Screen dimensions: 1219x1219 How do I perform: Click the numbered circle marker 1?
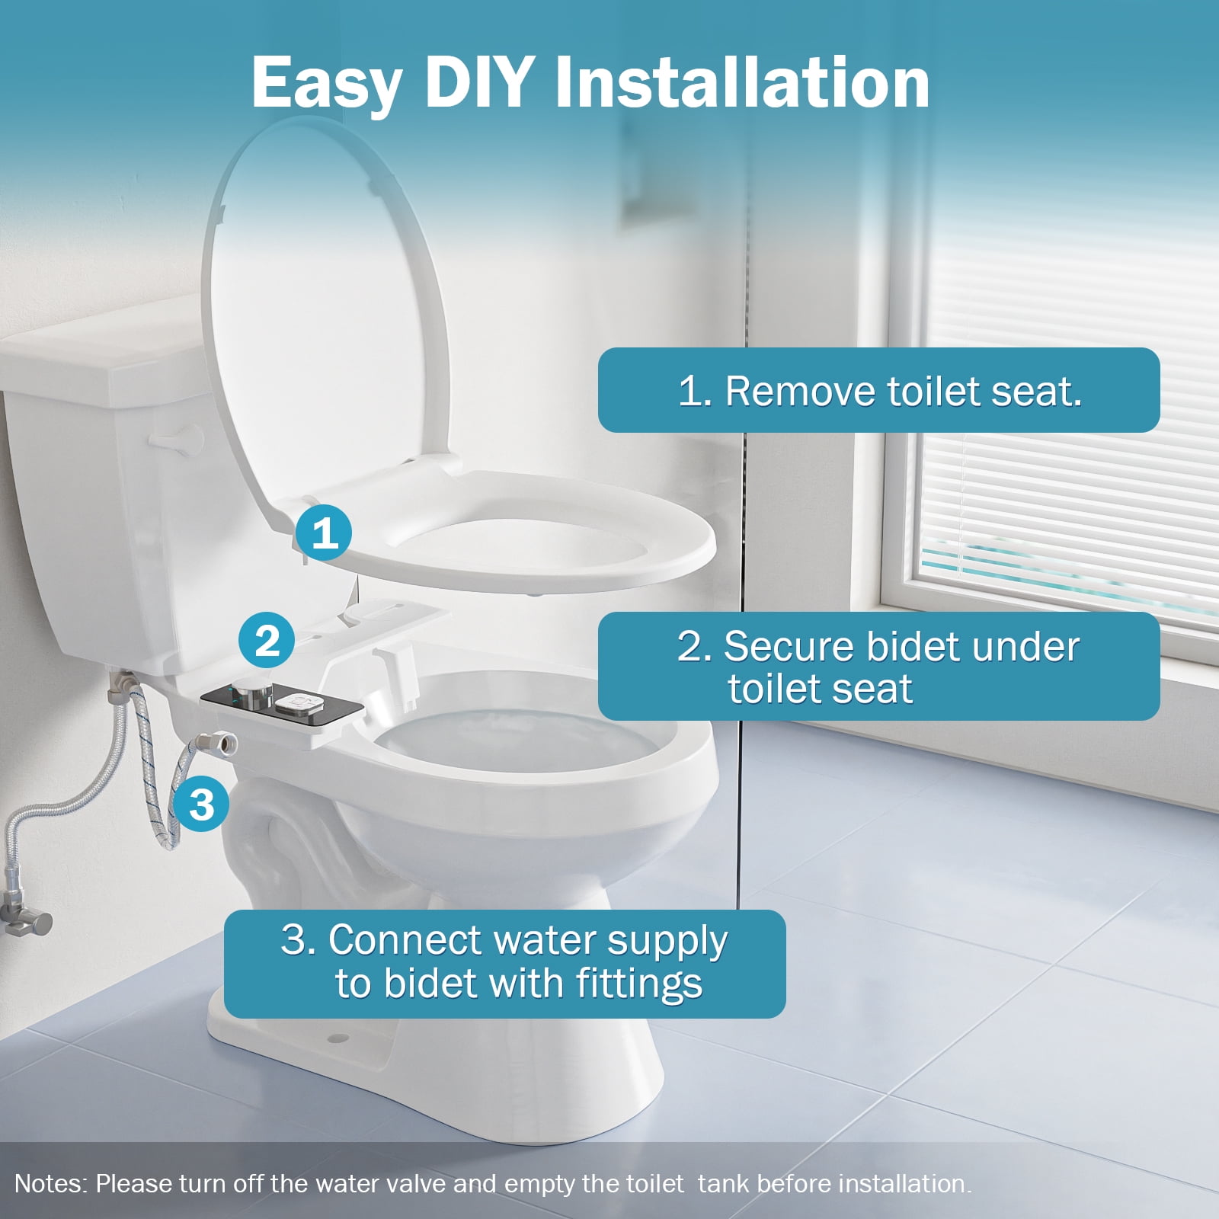[324, 533]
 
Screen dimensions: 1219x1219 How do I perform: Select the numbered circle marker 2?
[267, 641]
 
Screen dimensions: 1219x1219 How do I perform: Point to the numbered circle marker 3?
[201, 804]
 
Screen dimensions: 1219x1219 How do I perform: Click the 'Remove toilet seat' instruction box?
[878, 390]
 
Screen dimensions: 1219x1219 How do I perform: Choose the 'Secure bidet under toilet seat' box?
[878, 666]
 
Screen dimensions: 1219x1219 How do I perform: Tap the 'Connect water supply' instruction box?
[504, 963]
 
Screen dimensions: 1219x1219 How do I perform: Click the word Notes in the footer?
[49, 1184]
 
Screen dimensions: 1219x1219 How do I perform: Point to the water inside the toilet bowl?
[526, 739]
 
